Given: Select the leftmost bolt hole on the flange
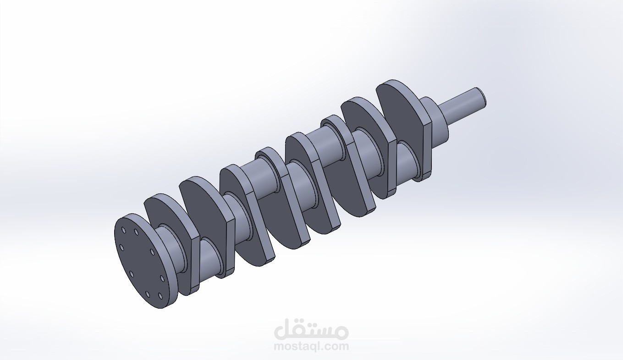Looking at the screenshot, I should [x=121, y=248].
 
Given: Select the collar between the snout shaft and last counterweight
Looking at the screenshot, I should [x=436, y=122].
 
